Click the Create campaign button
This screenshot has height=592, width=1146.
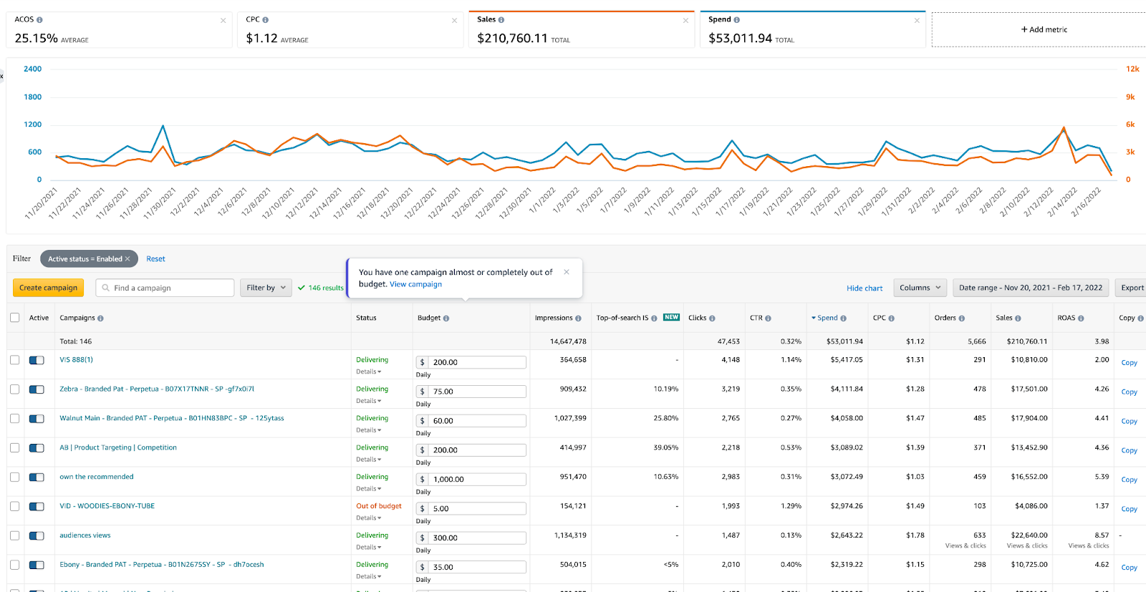click(x=48, y=288)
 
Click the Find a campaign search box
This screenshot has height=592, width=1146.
click(x=165, y=288)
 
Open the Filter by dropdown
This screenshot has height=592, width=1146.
click(x=266, y=288)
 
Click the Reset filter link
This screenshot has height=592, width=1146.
click(x=155, y=258)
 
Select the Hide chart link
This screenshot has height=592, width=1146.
click(x=864, y=288)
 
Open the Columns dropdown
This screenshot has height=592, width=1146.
click(x=920, y=288)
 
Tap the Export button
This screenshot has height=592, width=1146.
click(x=1132, y=288)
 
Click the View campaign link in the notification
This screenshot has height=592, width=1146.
click(x=415, y=284)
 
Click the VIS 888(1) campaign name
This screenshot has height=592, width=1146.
click(x=76, y=360)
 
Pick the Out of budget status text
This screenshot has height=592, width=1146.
click(x=379, y=506)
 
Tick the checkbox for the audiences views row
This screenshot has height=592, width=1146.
click(x=15, y=535)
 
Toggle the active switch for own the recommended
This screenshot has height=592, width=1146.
click(x=37, y=477)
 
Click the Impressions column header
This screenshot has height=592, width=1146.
click(x=554, y=318)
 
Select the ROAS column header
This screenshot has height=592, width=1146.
click(x=1066, y=318)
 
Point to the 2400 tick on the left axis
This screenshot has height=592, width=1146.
click(x=33, y=69)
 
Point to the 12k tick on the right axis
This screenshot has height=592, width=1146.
click(x=1132, y=69)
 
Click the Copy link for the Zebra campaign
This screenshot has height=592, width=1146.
click(x=1129, y=392)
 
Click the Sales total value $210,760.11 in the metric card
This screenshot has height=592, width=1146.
click(x=512, y=39)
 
